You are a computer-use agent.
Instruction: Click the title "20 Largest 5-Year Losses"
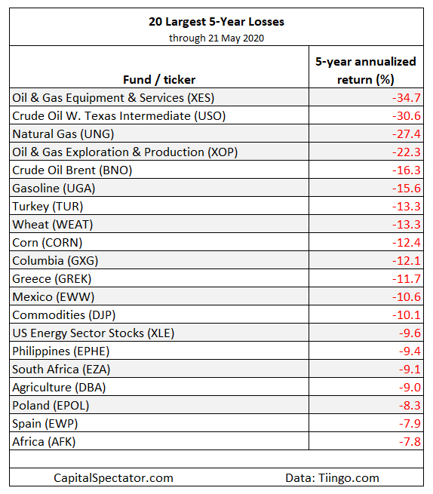pos(216,22)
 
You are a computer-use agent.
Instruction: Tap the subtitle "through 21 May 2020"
pos(216,38)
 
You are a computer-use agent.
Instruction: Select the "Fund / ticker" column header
pos(159,80)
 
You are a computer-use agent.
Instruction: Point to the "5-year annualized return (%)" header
pos(366,71)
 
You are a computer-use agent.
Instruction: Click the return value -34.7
pos(406,97)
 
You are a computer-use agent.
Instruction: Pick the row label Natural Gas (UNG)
pos(63,134)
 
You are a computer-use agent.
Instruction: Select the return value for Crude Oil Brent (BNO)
pos(406,170)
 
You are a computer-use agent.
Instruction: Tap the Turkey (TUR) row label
pos(48,207)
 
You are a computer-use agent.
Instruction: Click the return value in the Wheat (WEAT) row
pos(406,224)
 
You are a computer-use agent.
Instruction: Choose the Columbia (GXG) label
pos(55,261)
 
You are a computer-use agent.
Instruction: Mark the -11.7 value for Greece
pos(406,279)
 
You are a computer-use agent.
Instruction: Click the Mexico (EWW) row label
pos(54,297)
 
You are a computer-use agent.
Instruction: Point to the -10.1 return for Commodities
pos(406,315)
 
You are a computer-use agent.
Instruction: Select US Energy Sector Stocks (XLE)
pos(94,333)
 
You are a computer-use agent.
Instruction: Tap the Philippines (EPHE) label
pos(61,351)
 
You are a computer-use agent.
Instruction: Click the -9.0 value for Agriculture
pos(410,388)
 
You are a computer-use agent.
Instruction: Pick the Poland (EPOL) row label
pos(51,406)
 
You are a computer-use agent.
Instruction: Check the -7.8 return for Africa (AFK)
pos(410,442)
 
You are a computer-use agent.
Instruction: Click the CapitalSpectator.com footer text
pos(113,478)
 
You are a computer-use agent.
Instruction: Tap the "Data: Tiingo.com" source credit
pos(332,478)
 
